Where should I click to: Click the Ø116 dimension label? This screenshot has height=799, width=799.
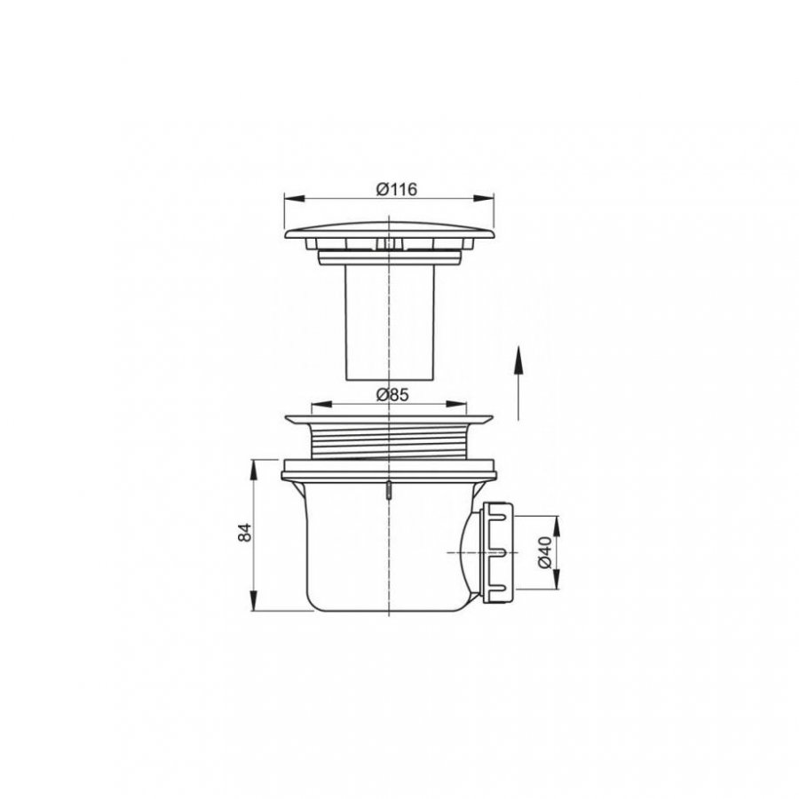(397, 189)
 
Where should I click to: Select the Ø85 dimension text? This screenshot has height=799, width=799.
(392, 394)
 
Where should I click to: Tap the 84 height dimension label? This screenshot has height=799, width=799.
(245, 533)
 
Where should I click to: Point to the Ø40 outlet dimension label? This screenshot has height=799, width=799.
(544, 552)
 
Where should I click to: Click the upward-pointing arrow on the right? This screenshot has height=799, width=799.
(518, 384)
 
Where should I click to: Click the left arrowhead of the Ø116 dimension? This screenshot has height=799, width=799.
(295, 198)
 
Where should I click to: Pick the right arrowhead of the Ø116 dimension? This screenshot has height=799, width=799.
(484, 198)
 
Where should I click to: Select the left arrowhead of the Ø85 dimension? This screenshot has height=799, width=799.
(321, 404)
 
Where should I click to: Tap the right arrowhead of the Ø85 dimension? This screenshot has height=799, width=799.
(456, 404)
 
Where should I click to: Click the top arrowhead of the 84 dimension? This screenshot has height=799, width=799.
(253, 470)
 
